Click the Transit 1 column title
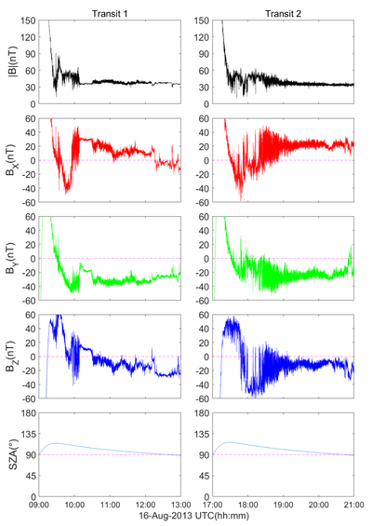click(110, 13)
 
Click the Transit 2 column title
click(284, 13)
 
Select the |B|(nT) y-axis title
click(13, 62)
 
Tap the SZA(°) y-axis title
click(13, 454)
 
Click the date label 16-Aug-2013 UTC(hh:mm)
click(194, 515)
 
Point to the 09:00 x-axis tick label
click(39, 505)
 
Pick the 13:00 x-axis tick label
click(181, 505)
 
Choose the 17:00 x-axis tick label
click(212, 505)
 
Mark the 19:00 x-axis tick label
click(284, 505)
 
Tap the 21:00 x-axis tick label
click(354, 505)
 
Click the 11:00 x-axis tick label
click(111, 505)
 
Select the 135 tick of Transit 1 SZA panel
click(29, 434)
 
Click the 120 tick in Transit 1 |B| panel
click(29, 37)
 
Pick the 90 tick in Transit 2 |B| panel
click(204, 54)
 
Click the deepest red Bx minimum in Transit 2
click(241, 200)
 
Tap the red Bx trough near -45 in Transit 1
click(66, 193)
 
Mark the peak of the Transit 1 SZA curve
click(55, 443)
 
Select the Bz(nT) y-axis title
click(13, 357)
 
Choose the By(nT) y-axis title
click(13, 258)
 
